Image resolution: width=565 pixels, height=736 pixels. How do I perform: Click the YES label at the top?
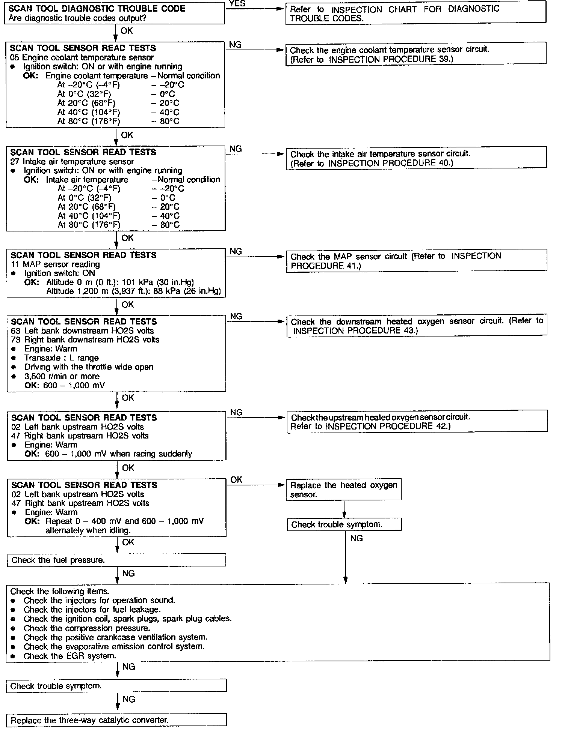237,4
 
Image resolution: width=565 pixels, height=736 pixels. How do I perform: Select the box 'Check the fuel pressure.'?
116,560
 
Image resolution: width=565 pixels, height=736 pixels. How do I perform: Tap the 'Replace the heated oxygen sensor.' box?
343,490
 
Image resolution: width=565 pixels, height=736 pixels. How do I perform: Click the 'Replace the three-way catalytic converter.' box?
116,720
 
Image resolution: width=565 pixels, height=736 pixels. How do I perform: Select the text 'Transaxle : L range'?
61,358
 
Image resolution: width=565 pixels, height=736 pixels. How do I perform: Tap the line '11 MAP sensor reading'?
56,264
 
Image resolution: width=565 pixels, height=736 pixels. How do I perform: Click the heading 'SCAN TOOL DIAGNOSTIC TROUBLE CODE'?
97,9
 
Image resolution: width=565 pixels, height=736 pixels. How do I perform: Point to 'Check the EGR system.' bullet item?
69,656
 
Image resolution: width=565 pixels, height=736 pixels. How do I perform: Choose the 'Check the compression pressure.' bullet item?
87,628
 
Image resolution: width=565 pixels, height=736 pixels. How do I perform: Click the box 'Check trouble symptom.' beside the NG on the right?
344,524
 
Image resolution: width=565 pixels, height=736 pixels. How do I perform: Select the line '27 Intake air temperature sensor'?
72,162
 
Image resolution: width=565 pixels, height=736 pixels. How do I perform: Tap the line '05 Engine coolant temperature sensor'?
82,57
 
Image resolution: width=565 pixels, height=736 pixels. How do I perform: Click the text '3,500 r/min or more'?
62,376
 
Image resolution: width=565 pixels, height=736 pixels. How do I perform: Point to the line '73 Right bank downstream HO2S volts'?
85,339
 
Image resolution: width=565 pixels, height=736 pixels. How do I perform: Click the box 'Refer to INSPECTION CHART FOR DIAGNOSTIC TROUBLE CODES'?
415,14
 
